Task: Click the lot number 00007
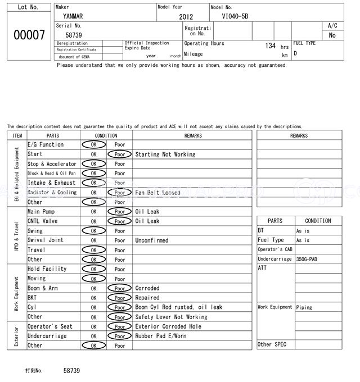tap(29, 35)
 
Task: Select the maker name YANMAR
tap(73, 16)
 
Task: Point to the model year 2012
tap(186, 17)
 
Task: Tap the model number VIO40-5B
tap(235, 17)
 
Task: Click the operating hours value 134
tap(270, 46)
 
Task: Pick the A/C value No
tap(332, 35)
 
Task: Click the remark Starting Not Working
tap(165, 154)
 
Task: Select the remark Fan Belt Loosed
tap(158, 193)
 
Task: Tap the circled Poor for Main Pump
tap(120, 212)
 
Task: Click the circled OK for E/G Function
tap(93, 145)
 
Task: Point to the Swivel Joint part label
tap(46, 240)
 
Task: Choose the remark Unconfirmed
tap(152, 240)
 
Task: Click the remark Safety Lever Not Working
tap(171, 317)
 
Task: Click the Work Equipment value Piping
tap(304, 307)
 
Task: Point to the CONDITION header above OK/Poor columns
tap(106, 135)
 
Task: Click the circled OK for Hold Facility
tap(93, 269)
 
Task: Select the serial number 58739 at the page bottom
tap(71, 371)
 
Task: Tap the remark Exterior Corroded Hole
tap(168, 326)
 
